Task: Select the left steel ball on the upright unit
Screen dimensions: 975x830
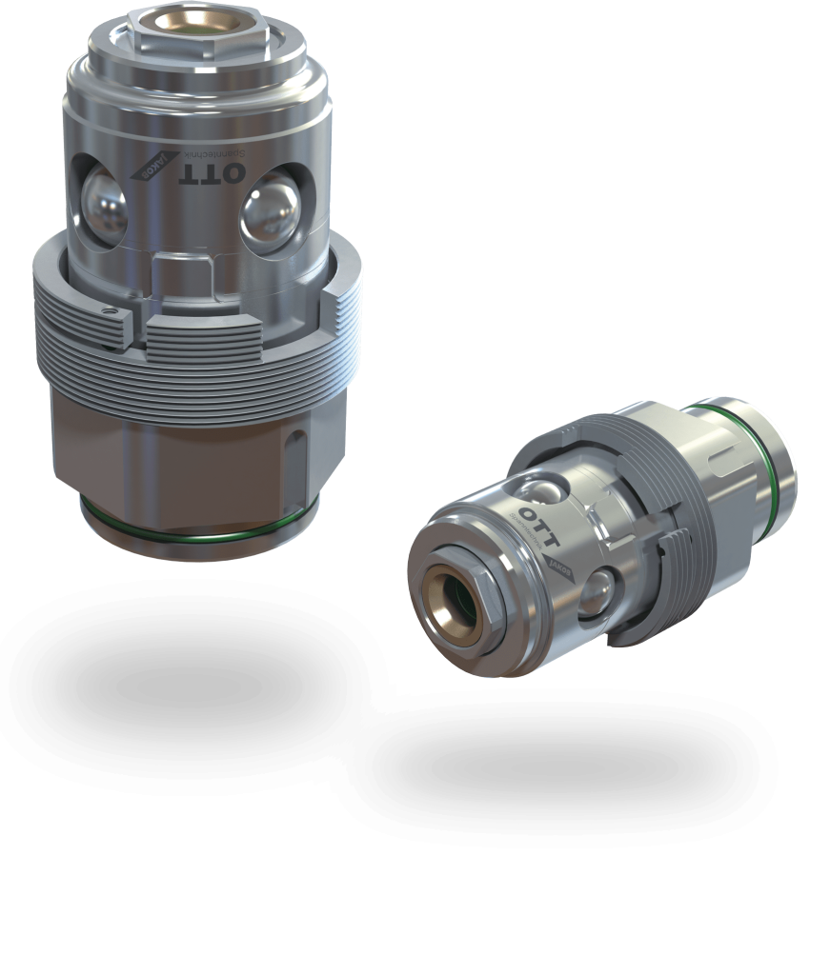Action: (x=102, y=203)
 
